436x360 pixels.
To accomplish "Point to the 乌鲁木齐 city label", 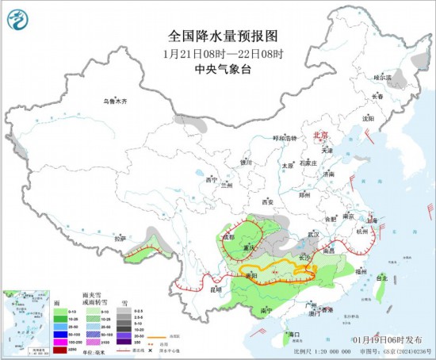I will (115, 101).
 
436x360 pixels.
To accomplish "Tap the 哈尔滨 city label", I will (384, 78).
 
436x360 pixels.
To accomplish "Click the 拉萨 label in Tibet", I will (120, 237).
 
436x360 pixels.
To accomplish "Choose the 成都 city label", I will (228, 236).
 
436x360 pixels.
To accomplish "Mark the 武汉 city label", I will (313, 234).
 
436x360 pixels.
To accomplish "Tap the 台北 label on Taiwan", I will (382, 278).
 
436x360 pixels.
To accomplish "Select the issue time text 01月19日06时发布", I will (399, 339).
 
